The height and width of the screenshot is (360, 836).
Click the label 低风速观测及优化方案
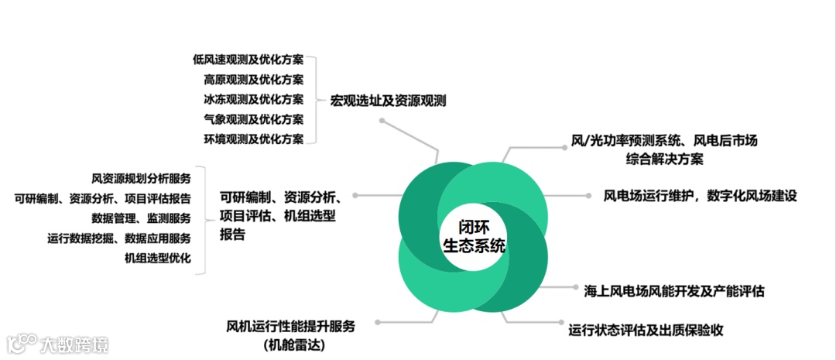[x=248, y=60]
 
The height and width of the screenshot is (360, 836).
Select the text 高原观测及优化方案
[x=253, y=79]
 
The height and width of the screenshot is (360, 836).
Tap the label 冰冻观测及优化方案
[x=253, y=99]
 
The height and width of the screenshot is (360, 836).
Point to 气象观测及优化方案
[x=253, y=119]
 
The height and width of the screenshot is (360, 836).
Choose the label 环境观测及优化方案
[x=253, y=139]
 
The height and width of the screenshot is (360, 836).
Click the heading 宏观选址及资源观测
[x=388, y=101]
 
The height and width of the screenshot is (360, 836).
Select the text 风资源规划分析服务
[x=141, y=178]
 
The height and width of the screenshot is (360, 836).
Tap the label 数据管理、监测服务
[x=141, y=218]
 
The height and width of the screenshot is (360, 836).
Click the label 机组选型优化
[x=157, y=258]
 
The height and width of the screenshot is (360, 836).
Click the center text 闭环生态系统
[x=473, y=237]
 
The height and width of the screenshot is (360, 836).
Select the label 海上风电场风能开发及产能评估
[x=674, y=291]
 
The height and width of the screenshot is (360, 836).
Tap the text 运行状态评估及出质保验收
[x=646, y=330]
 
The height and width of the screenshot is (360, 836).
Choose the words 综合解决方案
[x=664, y=159]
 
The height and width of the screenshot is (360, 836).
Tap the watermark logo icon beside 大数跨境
[x=22, y=343]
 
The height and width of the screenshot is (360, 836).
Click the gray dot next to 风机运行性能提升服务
[x=376, y=322]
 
